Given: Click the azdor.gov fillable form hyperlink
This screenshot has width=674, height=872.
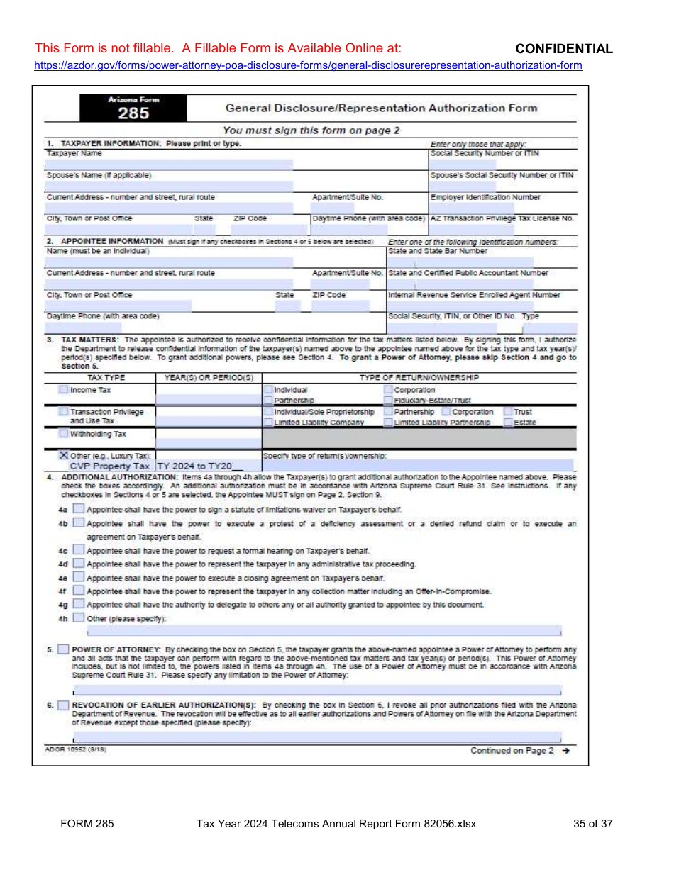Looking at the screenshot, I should (309, 65).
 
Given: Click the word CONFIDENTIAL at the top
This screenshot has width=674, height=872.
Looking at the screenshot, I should (563, 49).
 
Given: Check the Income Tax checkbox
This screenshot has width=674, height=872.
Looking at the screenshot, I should (64, 390).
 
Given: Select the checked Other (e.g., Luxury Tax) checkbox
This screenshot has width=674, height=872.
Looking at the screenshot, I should (64, 455).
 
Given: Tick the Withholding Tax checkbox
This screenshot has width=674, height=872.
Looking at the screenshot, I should (64, 434).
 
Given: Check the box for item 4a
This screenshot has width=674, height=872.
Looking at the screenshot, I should (78, 509).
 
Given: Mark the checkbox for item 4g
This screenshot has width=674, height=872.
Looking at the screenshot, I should (78, 604).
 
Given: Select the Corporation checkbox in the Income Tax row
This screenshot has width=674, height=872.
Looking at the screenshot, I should (388, 390).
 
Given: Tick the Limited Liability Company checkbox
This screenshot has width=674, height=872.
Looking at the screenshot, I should (268, 423).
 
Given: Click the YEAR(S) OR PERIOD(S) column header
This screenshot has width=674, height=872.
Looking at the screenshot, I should (209, 378).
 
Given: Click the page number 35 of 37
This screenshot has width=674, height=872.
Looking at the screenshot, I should (592, 824).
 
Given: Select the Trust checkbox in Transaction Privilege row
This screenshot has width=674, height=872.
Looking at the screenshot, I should (508, 412).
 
